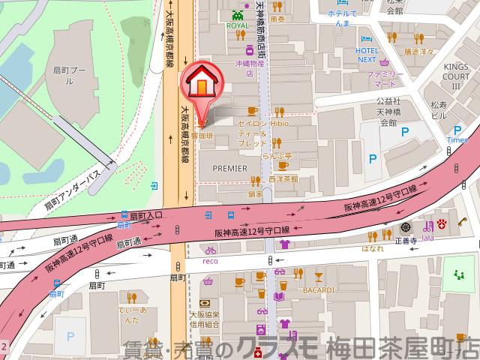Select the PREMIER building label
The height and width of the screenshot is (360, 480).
[x=229, y=168]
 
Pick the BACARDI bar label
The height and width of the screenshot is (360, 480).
[x=317, y=289]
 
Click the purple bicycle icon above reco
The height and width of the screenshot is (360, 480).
[x=211, y=250]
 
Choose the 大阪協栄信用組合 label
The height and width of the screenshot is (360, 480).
[x=205, y=319]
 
